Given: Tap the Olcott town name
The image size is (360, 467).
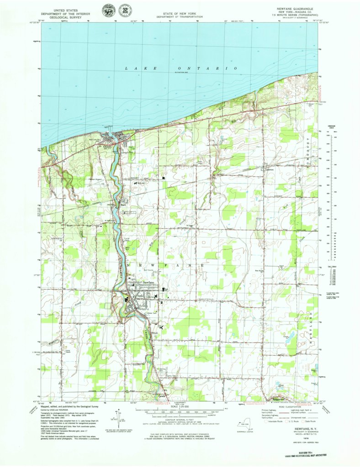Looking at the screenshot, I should tap(107, 147).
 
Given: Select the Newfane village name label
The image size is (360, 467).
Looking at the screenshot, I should tap(148, 283).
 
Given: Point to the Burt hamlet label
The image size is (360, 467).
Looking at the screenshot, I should tap(122, 205).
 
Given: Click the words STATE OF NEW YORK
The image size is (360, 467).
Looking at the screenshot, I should tap(180, 15).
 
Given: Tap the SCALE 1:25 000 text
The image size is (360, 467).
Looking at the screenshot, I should tap(180, 408).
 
